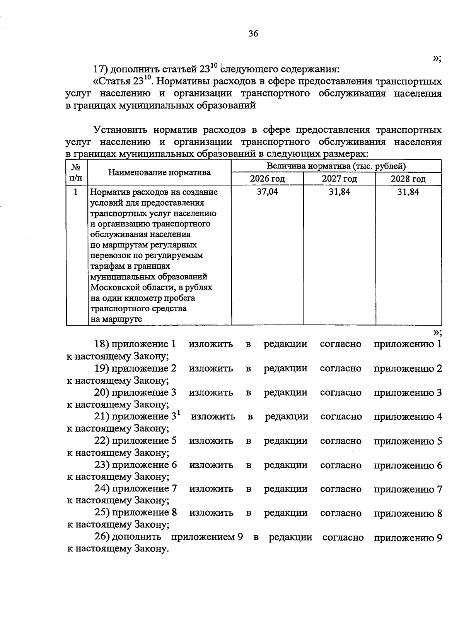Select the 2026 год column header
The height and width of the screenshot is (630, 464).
click(x=267, y=179)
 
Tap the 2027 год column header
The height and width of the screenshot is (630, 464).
click(x=339, y=179)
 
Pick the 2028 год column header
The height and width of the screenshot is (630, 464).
click(x=408, y=179)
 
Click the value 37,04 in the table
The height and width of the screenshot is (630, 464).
click(x=267, y=192)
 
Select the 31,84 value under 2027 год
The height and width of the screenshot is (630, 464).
click(x=339, y=192)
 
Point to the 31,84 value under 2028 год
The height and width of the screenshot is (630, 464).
click(x=408, y=192)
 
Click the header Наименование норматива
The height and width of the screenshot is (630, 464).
click(x=159, y=173)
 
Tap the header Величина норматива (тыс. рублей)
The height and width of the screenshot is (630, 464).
click(x=336, y=167)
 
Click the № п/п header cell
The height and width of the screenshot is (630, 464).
click(x=77, y=173)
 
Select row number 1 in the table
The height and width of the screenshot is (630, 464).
click(x=76, y=192)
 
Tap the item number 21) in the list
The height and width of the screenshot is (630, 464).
click(x=102, y=417)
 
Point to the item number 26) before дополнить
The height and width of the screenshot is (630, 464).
click(x=102, y=537)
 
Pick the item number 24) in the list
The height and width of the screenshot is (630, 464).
click(x=102, y=489)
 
